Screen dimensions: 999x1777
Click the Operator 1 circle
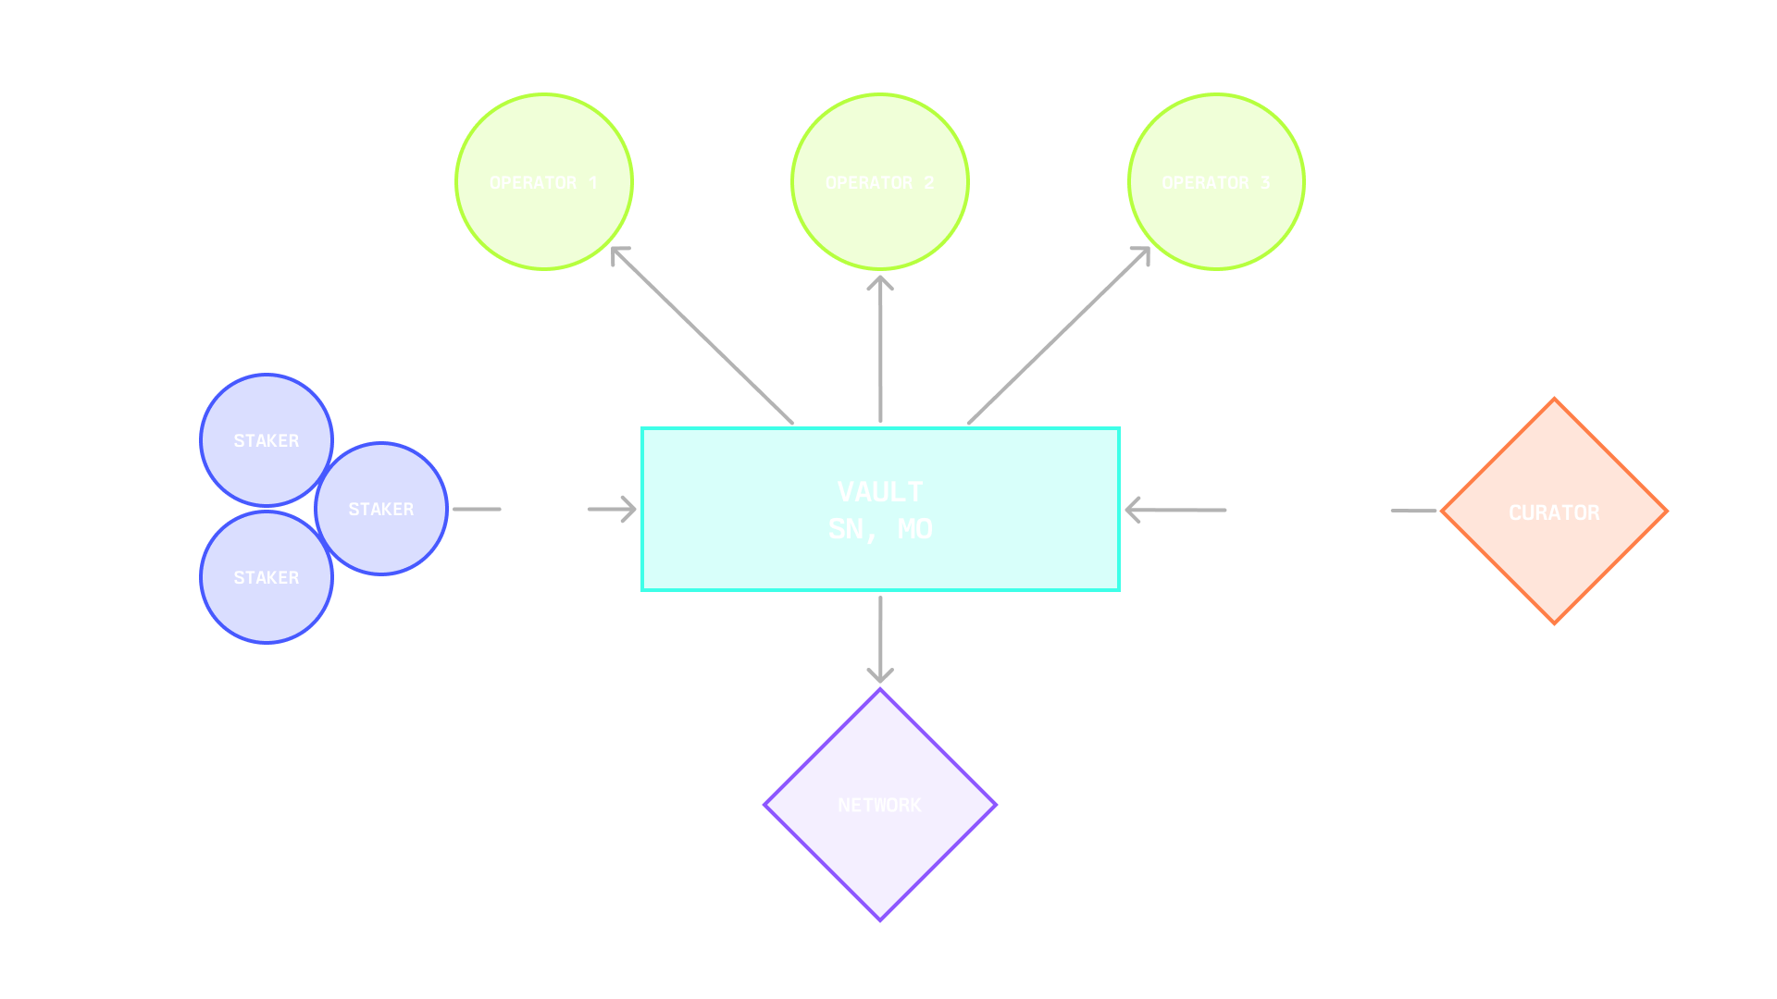(543, 182)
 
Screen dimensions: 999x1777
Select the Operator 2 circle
(879, 182)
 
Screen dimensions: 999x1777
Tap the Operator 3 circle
(1216, 182)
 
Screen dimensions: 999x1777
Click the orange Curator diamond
(1554, 512)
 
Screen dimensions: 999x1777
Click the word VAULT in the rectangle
(880, 491)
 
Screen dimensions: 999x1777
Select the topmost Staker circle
(266, 440)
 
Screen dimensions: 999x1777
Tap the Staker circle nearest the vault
(381, 509)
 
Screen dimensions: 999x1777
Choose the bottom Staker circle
(266, 577)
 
